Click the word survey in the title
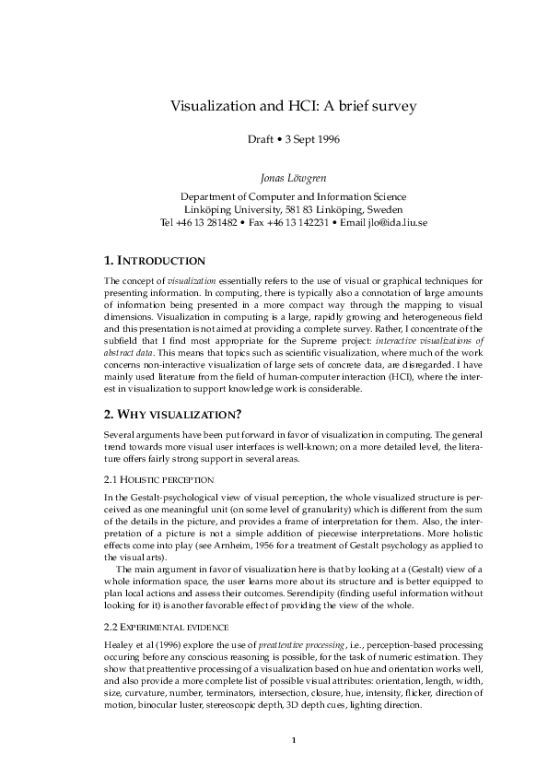(391, 106)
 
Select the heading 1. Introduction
(155, 261)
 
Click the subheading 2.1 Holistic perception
(159, 479)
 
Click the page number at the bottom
(293, 740)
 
